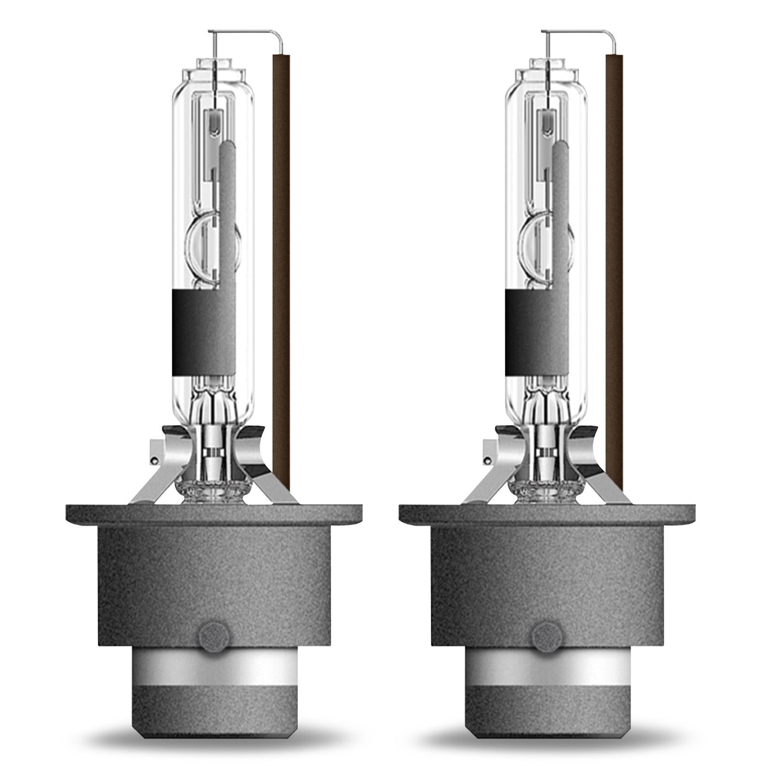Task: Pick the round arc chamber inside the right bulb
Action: (x=540, y=251)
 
